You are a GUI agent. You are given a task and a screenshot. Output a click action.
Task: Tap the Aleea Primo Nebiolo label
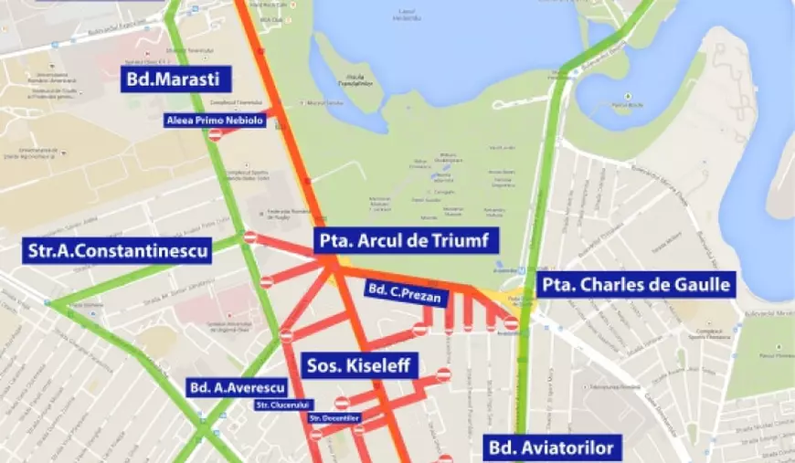pyautogui.click(x=215, y=120)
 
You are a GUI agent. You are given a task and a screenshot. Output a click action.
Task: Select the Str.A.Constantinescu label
pyautogui.click(x=119, y=248)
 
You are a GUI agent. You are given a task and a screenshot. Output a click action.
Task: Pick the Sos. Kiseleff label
pyautogui.click(x=360, y=366)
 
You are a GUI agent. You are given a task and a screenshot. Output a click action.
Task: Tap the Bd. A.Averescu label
pyautogui.click(x=237, y=388)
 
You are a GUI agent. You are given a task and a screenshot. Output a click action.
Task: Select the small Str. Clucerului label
pyautogui.click(x=283, y=404)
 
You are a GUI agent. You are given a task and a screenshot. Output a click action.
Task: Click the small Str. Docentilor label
pyautogui.click(x=335, y=418)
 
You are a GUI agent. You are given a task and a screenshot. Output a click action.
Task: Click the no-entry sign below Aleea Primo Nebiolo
pyautogui.click(x=216, y=135)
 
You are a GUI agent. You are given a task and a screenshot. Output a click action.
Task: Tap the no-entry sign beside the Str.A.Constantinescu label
pyautogui.click(x=250, y=237)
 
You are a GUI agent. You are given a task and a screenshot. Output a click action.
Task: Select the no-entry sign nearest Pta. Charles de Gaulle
pyautogui.click(x=512, y=323)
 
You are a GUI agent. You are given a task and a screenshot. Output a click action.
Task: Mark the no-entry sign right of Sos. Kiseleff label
pyautogui.click(x=443, y=374)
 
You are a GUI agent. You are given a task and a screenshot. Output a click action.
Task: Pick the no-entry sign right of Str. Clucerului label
pyautogui.click(x=342, y=403)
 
